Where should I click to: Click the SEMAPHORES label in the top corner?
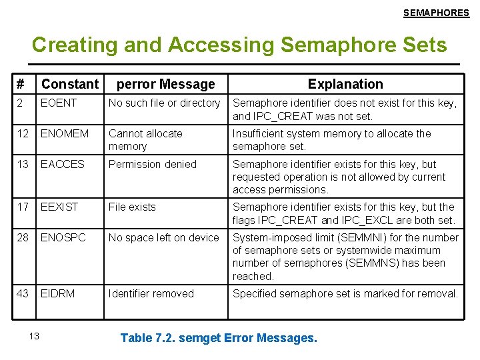point(436,13)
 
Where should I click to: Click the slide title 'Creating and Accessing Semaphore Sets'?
point(239,45)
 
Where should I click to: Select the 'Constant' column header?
point(69,84)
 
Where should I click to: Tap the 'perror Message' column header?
point(165,84)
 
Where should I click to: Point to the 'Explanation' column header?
point(345,84)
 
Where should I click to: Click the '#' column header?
point(21,84)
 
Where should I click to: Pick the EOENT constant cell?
point(59,103)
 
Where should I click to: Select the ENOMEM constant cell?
point(64,134)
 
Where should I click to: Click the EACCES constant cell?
point(63,165)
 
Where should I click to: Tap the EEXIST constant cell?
point(59,207)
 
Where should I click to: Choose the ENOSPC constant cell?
point(63,238)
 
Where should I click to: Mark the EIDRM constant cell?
point(57,294)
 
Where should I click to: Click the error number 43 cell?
point(23,294)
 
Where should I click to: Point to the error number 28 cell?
point(23,238)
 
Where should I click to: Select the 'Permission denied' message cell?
point(153,165)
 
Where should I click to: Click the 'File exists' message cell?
point(132,207)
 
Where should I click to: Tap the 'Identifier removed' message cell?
point(151,294)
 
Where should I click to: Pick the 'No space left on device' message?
point(163,238)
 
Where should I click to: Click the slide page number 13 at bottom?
point(35,335)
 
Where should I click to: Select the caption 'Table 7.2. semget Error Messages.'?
point(219,338)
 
